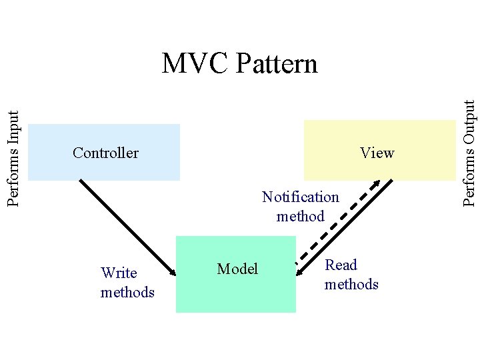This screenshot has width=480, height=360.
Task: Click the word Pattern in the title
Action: pyautogui.click(x=276, y=64)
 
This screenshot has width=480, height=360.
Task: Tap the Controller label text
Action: pyautogui.click(x=105, y=153)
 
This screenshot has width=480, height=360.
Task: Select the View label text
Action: pyautogui.click(x=377, y=153)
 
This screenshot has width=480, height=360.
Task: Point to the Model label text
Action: pyautogui.click(x=237, y=269)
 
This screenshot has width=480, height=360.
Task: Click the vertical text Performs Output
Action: pyautogui.click(x=470, y=152)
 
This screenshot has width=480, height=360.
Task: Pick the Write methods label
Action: pyautogui.click(x=127, y=282)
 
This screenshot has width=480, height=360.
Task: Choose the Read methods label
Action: pyautogui.click(x=351, y=275)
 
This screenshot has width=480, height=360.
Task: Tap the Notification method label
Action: pyautogui.click(x=300, y=206)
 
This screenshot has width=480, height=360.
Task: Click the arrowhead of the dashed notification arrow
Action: pyautogui.click(x=376, y=183)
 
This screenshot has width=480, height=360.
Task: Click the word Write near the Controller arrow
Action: pyautogui.click(x=119, y=273)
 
